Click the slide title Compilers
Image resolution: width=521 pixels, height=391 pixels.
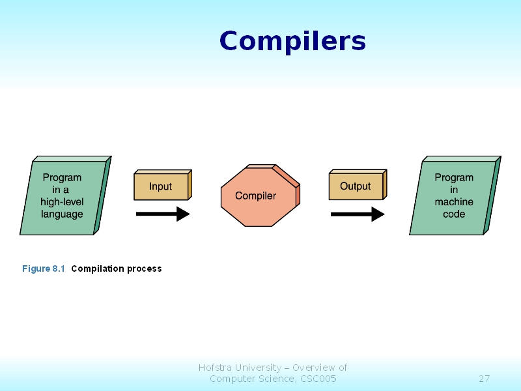click(x=292, y=41)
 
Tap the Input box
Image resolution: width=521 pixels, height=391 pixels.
click(x=161, y=186)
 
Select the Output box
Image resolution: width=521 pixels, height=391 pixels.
click(x=356, y=186)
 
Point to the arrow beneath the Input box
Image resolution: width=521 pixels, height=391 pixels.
click(x=163, y=214)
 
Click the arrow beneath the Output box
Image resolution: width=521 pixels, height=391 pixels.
click(x=358, y=214)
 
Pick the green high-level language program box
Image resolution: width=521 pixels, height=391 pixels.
click(x=63, y=195)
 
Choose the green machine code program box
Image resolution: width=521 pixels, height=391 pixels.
click(x=454, y=195)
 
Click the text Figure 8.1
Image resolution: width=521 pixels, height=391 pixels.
click(x=44, y=268)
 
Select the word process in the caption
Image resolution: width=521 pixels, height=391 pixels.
click(x=145, y=268)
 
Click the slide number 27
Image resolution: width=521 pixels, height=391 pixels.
click(x=484, y=379)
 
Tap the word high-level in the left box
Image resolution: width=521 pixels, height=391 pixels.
click(x=62, y=202)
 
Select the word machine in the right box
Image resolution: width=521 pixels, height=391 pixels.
click(x=454, y=202)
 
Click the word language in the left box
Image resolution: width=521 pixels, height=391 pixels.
click(x=62, y=214)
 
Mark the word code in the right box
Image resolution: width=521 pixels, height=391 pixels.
click(x=454, y=214)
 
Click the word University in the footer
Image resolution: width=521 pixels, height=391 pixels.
click(x=257, y=368)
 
